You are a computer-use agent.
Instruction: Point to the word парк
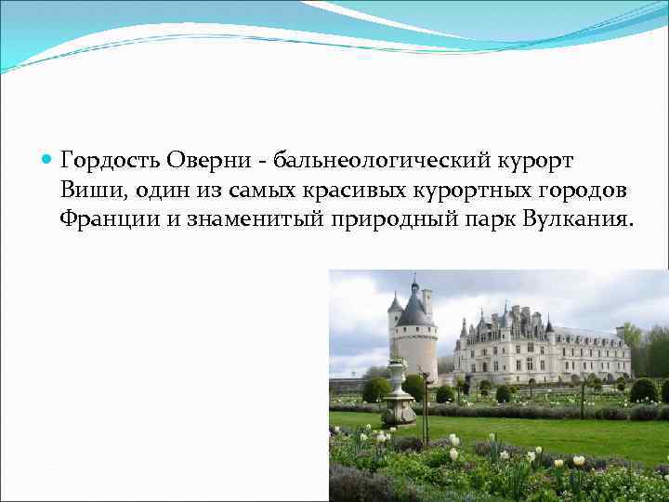pos(493,219)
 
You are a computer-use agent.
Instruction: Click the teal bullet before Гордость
pos(47,160)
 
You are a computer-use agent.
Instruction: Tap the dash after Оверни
pos(263,161)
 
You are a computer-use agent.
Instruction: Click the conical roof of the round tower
pos(414,308)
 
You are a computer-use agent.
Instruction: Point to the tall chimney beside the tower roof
pos(426,300)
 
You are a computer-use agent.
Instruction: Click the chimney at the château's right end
pos(620,331)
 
